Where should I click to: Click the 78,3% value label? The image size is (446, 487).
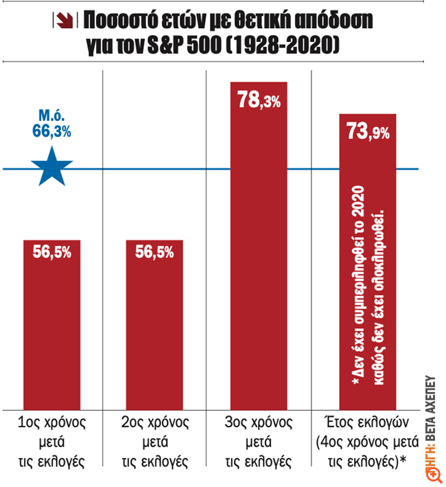(258, 101)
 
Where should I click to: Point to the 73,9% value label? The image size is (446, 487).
(367, 132)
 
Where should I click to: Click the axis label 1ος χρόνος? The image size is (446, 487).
(51, 422)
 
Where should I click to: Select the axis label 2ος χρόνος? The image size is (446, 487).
(154, 422)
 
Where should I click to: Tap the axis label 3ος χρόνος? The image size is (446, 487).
(258, 422)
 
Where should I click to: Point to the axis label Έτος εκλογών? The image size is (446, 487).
(363, 422)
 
